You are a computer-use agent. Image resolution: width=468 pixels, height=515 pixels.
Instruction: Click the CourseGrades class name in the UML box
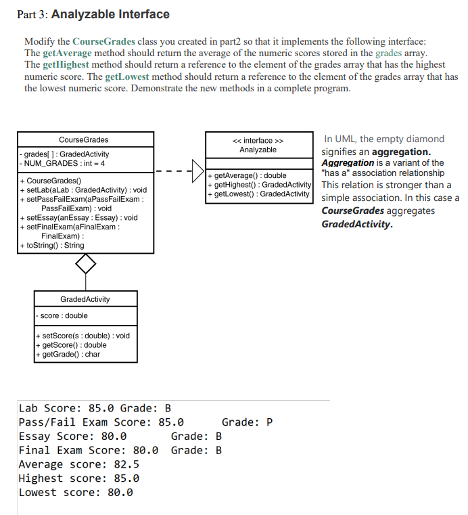(x=83, y=140)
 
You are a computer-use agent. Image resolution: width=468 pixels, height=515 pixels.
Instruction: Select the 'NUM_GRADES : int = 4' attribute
(x=65, y=163)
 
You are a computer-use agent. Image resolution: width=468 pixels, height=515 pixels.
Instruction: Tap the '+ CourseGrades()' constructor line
(x=51, y=181)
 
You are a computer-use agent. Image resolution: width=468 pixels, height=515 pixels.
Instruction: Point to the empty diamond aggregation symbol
(x=86, y=264)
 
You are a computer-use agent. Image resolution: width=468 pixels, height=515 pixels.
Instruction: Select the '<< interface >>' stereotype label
(x=258, y=140)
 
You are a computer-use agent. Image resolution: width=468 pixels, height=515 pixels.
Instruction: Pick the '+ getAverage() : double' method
(x=248, y=175)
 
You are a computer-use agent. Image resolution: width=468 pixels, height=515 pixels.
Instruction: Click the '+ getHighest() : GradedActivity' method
(x=259, y=185)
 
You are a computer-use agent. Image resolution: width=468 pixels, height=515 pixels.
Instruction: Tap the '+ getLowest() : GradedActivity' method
(x=258, y=194)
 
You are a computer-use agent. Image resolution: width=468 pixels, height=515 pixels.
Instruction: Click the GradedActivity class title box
(x=85, y=299)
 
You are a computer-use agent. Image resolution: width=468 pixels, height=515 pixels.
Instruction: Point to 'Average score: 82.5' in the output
(x=78, y=464)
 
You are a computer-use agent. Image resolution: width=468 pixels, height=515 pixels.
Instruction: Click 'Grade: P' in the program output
(x=247, y=422)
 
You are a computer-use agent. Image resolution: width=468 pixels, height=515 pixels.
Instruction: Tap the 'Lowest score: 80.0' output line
(x=76, y=492)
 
